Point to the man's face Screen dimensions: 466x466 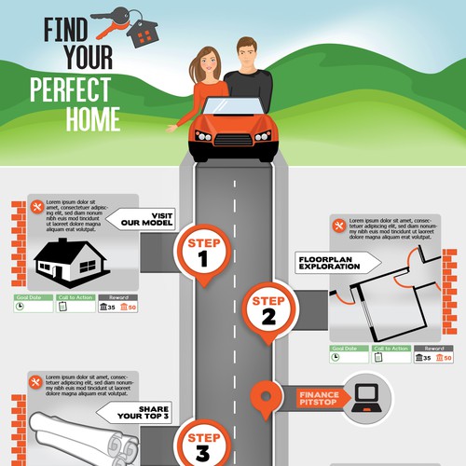[246, 55]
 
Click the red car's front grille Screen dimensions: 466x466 [232, 143]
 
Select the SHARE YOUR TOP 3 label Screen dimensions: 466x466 [125, 413]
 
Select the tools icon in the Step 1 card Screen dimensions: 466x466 [37, 207]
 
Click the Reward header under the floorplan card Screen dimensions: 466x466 [424, 348]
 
